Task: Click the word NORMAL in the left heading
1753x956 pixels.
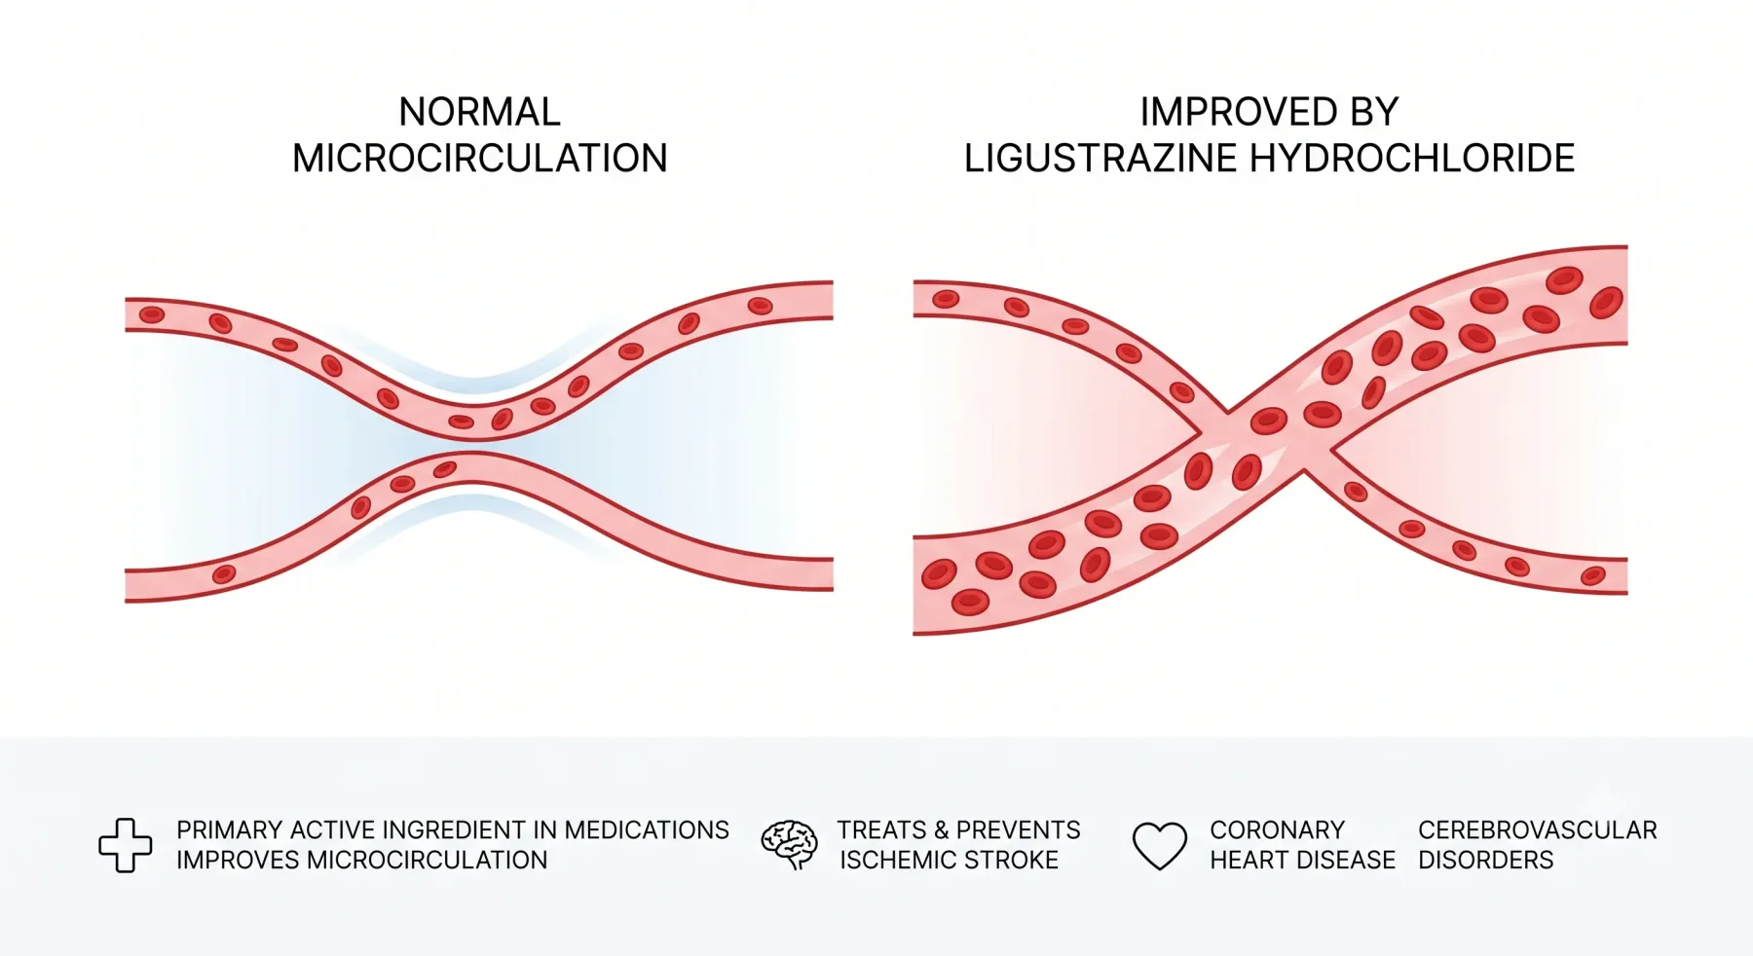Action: [479, 112]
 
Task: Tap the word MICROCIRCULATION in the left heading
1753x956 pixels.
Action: [480, 159]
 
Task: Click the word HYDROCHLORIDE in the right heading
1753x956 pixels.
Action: [1412, 159]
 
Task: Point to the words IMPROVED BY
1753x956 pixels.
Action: [1269, 112]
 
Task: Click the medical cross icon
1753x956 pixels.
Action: [126, 845]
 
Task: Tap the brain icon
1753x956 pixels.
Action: [789, 844]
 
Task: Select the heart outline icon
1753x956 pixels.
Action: [1160, 845]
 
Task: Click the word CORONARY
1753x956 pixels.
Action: [1277, 830]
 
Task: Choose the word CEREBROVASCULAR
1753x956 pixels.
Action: [1537, 830]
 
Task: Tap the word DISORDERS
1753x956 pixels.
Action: [1485, 861]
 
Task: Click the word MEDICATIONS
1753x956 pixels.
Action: [647, 830]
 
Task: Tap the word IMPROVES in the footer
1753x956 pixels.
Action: [238, 861]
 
